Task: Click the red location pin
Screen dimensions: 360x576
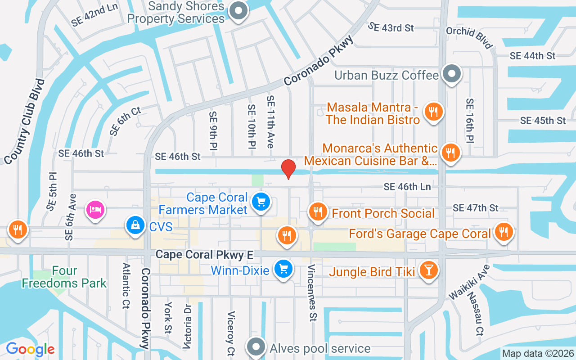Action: pos(288,169)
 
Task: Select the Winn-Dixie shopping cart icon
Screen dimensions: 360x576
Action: pos(283,269)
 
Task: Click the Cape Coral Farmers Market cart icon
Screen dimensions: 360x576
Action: pos(261,201)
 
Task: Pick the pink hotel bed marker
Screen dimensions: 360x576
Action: pos(95,209)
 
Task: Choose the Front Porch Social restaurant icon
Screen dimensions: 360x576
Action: pos(318,211)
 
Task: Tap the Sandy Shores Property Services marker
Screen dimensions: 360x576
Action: pos(238,11)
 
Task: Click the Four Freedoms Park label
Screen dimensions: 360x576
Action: pos(64,277)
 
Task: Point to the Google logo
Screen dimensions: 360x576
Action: pos(30,349)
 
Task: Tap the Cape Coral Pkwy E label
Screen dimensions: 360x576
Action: pos(204,255)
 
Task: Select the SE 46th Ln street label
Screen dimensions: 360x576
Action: pos(407,187)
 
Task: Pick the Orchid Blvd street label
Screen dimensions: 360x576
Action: pos(469,37)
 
